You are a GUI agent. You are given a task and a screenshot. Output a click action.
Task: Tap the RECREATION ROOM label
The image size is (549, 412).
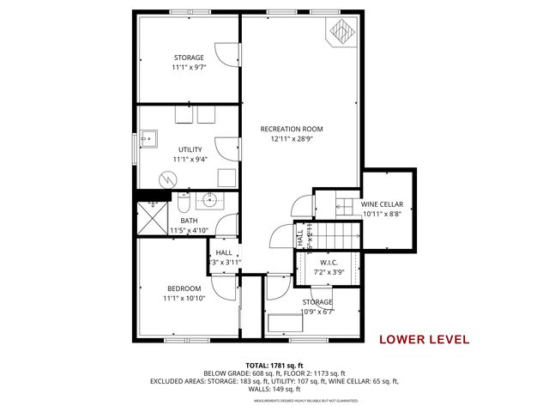298,129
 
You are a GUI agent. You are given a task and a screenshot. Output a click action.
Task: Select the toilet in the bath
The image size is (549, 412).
183,206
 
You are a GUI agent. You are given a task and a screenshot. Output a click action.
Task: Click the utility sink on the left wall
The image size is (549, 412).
148,137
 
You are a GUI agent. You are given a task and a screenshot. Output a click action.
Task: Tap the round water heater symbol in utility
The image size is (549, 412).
168,178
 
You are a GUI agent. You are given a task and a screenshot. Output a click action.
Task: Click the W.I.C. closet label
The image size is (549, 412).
329,263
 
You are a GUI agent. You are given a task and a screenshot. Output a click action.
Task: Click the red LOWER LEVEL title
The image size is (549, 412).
424,339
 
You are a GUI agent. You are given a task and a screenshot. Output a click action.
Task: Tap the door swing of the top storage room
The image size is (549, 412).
229,52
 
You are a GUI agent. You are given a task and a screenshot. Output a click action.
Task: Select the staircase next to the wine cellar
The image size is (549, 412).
344,218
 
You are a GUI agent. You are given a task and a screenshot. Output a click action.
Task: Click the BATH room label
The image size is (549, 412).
189,221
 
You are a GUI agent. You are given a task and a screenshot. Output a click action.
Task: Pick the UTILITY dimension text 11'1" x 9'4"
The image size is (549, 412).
190,159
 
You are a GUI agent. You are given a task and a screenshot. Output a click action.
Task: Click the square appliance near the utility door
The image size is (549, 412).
226,177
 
